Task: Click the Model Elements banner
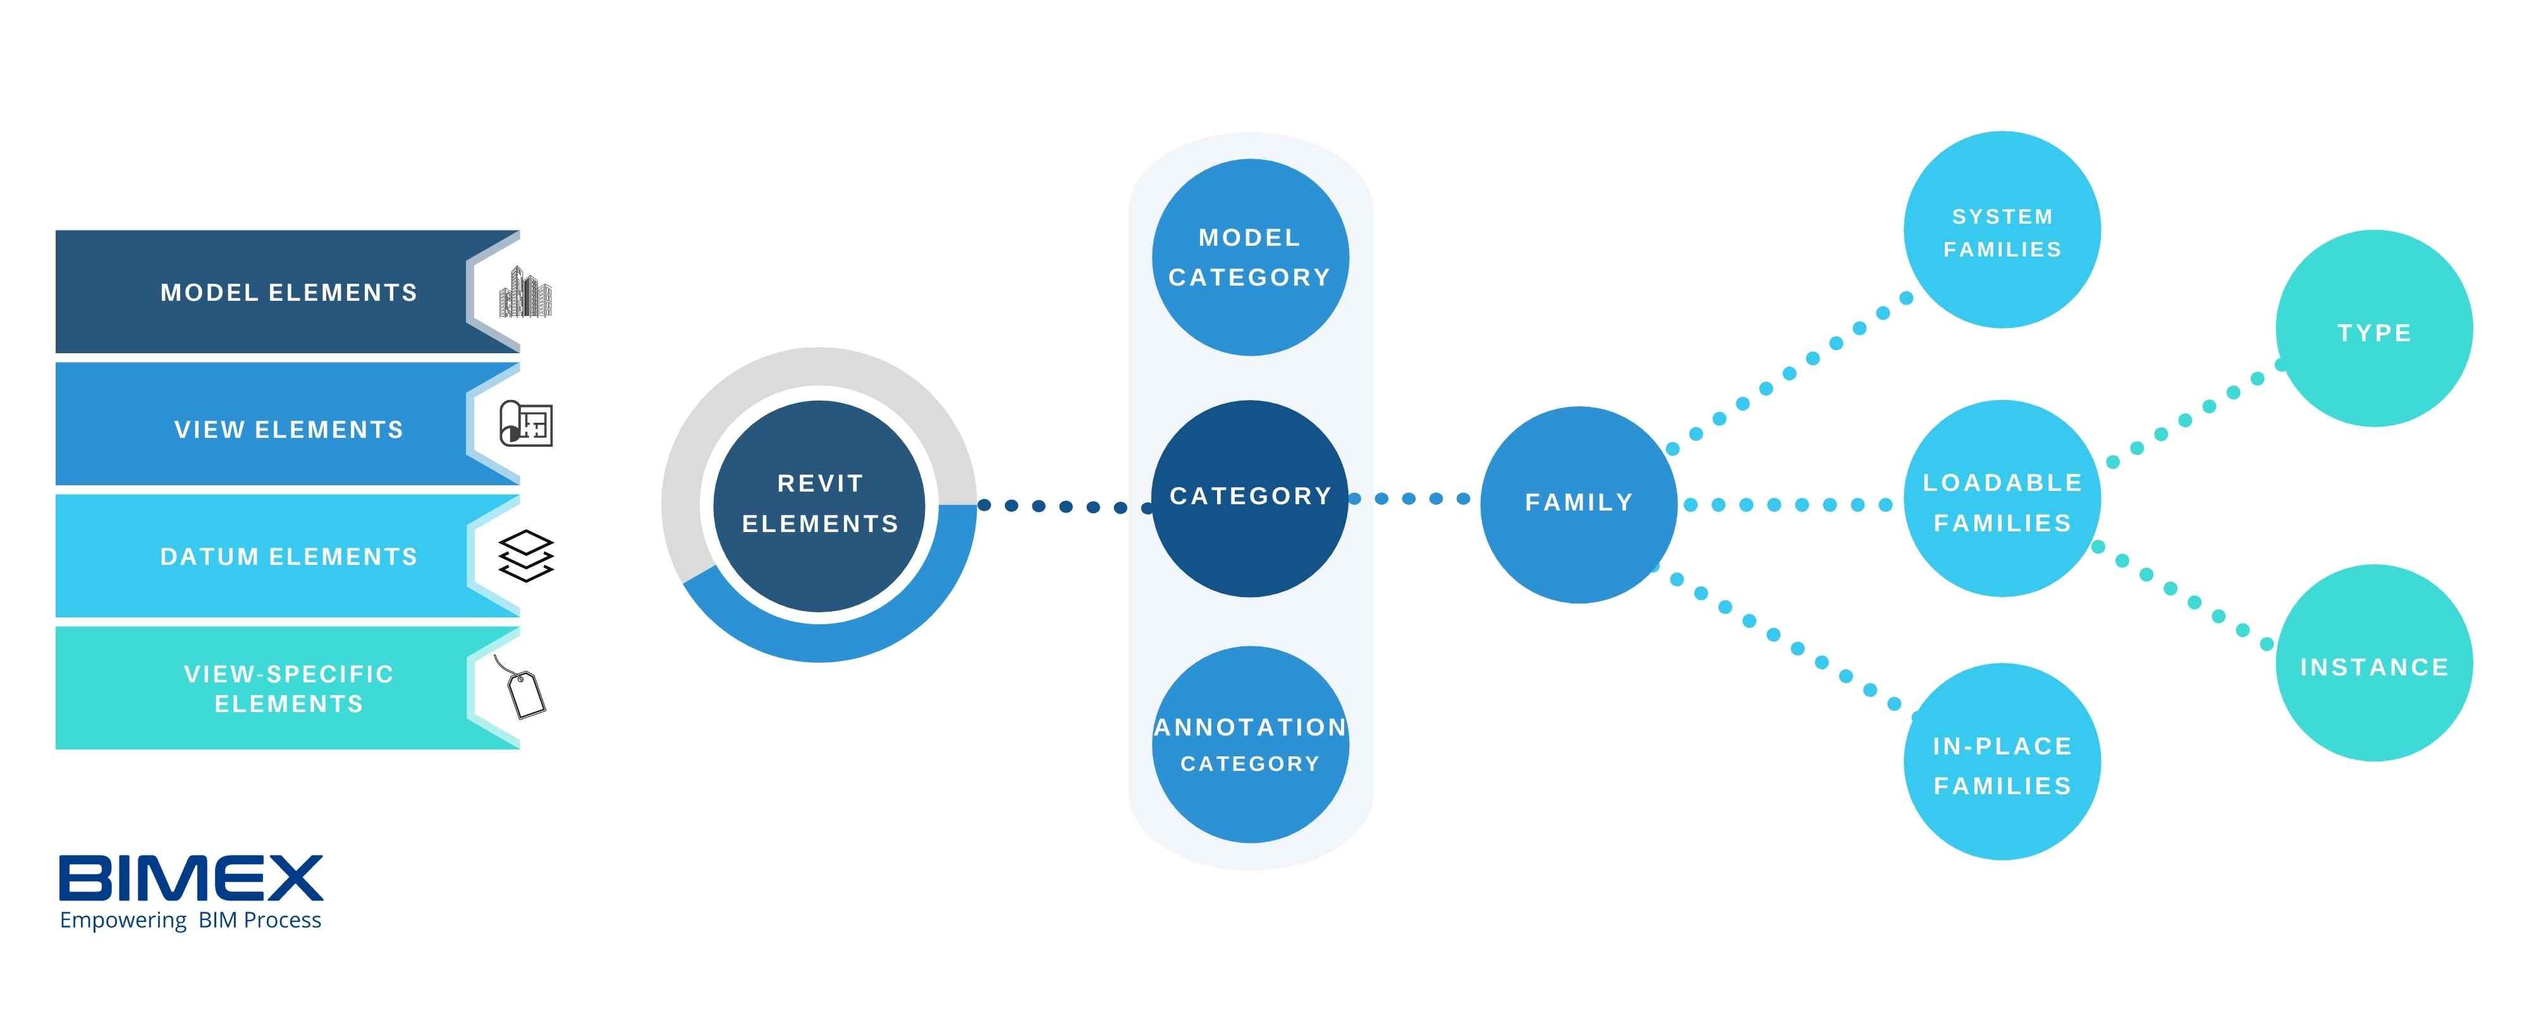(265, 293)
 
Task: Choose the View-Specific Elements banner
(265, 688)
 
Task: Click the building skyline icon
(525, 293)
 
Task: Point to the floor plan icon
(526, 423)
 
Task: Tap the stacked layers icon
(526, 555)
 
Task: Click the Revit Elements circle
(820, 504)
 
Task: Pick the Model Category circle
(1250, 257)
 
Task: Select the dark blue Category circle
(1250, 498)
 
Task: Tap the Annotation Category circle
(1250, 744)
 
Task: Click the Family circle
(1579, 504)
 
